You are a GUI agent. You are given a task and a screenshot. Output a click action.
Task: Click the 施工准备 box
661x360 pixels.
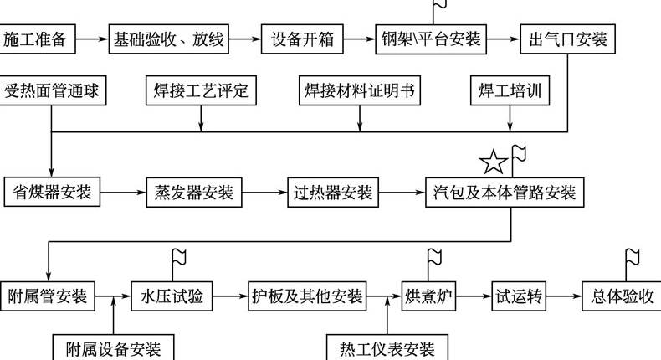(38, 39)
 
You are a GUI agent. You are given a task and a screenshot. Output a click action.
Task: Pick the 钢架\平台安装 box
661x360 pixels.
(432, 39)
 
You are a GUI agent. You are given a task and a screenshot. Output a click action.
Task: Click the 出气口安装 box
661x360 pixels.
(568, 39)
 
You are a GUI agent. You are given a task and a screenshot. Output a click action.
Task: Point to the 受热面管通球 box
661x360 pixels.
(52, 90)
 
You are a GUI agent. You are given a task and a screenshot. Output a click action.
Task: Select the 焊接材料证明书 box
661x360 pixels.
(360, 90)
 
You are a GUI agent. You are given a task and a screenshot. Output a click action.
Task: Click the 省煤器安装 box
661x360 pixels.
(52, 192)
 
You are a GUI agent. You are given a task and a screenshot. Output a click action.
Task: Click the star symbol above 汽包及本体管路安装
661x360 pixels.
(494, 161)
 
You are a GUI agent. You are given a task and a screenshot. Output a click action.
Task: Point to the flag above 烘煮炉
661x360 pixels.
(434, 258)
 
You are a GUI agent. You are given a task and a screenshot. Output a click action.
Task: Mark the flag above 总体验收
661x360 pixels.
(632, 258)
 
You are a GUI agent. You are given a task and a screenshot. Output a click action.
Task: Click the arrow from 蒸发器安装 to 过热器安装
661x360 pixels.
(263, 192)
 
